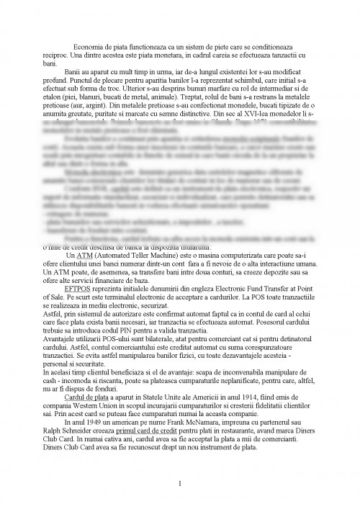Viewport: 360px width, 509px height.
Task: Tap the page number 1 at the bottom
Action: (179, 483)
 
